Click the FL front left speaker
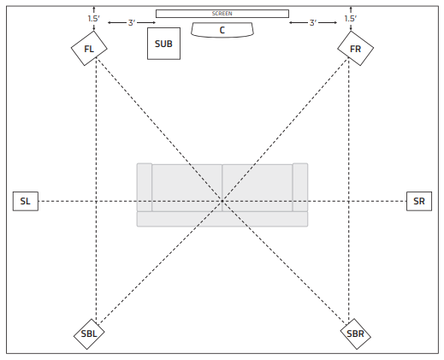tap(89, 49)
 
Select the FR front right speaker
tap(355, 49)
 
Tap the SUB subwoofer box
tap(163, 44)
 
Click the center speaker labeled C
tap(222, 30)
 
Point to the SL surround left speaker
tap(26, 201)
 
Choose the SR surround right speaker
tap(419, 201)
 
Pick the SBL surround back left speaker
tap(89, 334)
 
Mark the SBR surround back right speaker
tap(355, 334)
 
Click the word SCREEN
tap(222, 14)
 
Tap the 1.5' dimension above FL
tap(93, 19)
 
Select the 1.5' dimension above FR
tap(351, 19)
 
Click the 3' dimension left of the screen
tap(132, 22)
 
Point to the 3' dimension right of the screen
tap(313, 22)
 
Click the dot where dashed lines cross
tap(222, 201)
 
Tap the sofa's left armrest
tap(145, 187)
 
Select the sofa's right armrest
tap(300, 187)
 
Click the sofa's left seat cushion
tap(187, 188)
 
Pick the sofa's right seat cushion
tap(258, 188)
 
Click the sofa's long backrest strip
tap(222, 219)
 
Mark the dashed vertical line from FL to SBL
tap(96, 191)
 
